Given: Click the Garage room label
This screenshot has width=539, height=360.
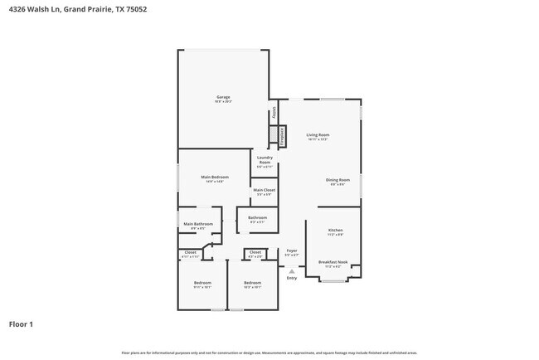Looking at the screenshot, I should (x=223, y=98).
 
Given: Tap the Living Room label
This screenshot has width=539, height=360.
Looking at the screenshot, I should (x=318, y=135).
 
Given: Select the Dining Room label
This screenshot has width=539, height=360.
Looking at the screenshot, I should (x=337, y=180).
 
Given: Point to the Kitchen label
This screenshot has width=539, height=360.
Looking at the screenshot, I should (x=335, y=230).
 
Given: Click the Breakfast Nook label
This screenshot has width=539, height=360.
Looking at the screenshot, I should (x=333, y=262).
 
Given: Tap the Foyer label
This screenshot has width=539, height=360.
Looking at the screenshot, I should (x=291, y=251).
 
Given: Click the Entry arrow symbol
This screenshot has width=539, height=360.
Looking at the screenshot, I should (x=291, y=270).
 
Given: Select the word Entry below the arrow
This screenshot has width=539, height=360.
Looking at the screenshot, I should (x=291, y=278).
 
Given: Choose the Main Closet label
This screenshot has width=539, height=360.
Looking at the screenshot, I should (x=264, y=190).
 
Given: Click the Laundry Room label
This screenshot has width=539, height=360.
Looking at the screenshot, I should (x=265, y=159).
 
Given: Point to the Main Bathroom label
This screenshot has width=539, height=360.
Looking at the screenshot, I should (x=198, y=224).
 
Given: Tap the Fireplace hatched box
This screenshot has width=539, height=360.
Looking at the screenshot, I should (x=282, y=136).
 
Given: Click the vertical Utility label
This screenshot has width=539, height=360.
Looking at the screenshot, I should (x=274, y=113).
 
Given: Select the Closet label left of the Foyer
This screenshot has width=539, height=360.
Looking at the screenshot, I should (x=255, y=252).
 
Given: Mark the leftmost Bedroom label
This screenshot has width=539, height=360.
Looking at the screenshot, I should (x=202, y=283).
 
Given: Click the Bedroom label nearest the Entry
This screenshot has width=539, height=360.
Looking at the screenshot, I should (x=252, y=283).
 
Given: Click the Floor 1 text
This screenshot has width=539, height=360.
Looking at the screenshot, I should (x=21, y=324).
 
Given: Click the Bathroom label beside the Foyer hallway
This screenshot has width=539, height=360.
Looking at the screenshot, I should (x=257, y=218).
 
